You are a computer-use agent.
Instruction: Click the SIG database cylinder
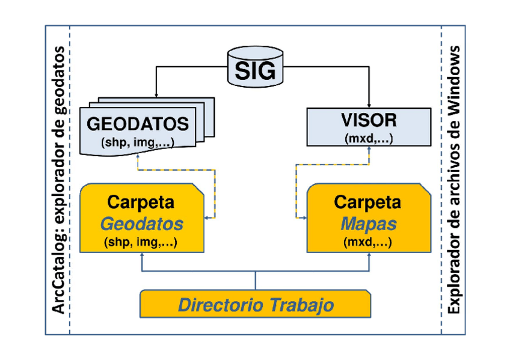pos(255,68)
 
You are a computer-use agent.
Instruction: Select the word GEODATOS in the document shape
pos(138,124)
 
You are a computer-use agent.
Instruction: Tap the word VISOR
pos(369,120)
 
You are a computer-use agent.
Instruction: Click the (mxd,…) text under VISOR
pos(369,138)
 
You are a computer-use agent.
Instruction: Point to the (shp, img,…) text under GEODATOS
pos(138,142)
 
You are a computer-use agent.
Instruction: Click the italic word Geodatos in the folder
pos(141,224)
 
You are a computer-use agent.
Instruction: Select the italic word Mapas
pos(369,224)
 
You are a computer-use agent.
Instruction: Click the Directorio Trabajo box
pos(255,304)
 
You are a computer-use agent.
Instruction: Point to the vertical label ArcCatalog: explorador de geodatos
pos(59,180)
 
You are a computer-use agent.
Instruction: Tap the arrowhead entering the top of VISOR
pos(369,105)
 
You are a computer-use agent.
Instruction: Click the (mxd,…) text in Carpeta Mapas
pos(368,243)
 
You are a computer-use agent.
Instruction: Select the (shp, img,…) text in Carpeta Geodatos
pos(142,243)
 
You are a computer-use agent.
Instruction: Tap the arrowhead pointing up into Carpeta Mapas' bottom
pos(369,255)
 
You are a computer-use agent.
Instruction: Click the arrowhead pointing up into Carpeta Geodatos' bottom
pos(141,255)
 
